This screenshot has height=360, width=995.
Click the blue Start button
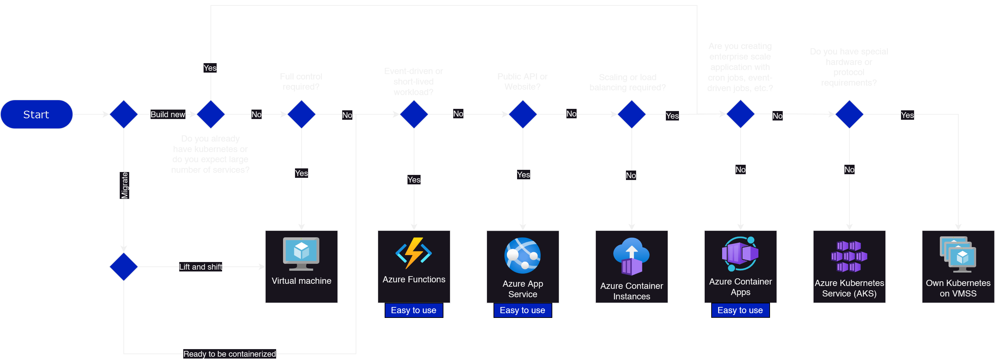[36, 114]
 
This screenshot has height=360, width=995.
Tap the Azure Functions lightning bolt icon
[414, 253]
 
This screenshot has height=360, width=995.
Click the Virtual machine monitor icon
[301, 253]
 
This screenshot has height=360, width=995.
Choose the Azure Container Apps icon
[740, 254]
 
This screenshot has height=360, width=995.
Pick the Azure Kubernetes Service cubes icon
[849, 256]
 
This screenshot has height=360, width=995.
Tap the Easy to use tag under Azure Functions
[414, 310]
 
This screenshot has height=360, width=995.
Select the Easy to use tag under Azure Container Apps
[740, 310]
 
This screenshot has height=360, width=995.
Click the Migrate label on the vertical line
[124, 185]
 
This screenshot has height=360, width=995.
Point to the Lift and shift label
[200, 267]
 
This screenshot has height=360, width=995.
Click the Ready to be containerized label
[229, 354]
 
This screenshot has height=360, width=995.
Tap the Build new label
[168, 114]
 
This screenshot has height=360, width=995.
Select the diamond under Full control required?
[301, 114]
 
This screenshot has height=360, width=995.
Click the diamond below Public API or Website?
[523, 114]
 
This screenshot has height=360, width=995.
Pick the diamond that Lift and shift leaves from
[124, 267]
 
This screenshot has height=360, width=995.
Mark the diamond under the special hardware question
[849, 114]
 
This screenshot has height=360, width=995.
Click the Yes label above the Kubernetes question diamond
[210, 68]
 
